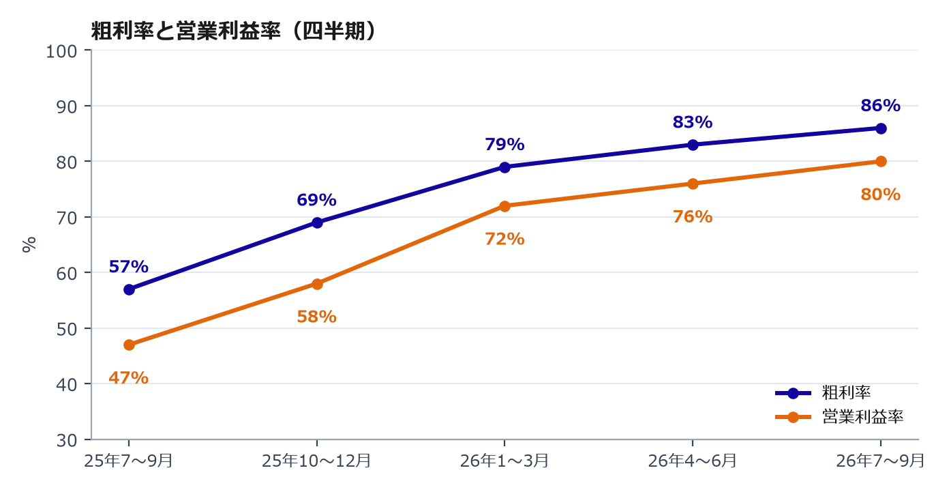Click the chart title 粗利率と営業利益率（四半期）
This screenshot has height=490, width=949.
point(233,31)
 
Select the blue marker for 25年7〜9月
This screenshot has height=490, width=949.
point(130,290)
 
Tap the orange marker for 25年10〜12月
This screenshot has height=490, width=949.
point(317,284)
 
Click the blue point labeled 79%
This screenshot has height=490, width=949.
point(504,167)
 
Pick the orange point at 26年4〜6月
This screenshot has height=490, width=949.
point(693,184)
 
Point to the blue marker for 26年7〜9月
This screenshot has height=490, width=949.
point(881,128)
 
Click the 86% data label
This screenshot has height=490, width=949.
point(880,105)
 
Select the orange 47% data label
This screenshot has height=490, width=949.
point(128,377)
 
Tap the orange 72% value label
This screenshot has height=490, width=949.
point(504,239)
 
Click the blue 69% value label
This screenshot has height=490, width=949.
point(316,200)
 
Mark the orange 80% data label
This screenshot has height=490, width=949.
point(880,194)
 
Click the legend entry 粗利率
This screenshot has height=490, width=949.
point(823,393)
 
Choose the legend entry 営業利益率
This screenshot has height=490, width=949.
point(839,417)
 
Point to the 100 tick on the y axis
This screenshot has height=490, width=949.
point(61,51)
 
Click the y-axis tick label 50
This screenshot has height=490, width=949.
point(67,329)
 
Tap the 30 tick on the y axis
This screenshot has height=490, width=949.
point(67,440)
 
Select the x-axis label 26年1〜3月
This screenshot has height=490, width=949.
point(504,461)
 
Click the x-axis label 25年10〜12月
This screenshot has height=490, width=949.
point(316,461)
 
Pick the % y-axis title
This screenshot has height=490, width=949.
point(29,245)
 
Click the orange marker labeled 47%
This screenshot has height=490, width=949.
point(130,345)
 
